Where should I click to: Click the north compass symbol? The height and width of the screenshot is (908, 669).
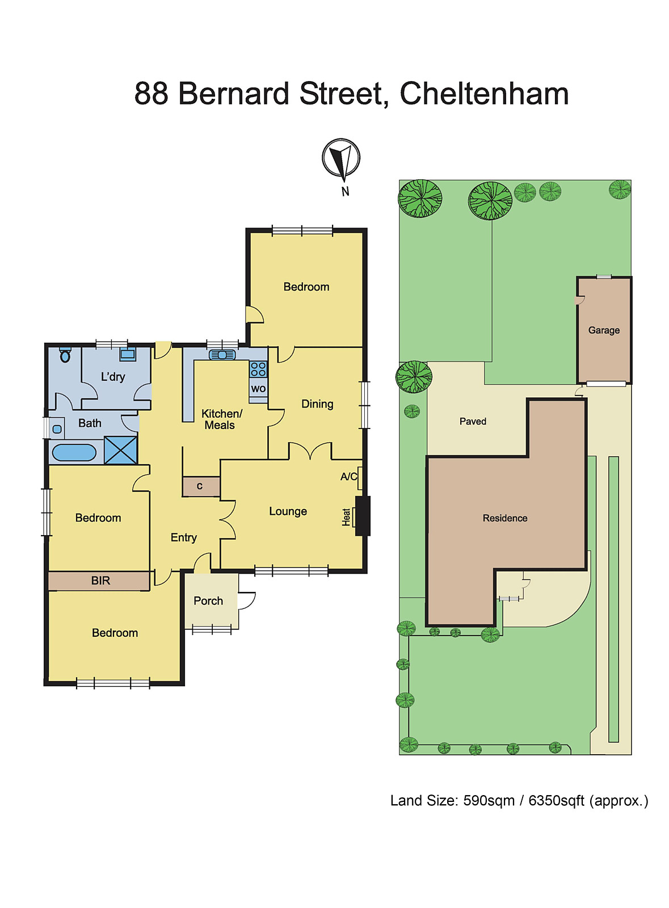point(341,159)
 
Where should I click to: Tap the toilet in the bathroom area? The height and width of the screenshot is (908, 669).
point(65,355)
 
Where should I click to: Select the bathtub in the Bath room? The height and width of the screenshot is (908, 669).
point(74,452)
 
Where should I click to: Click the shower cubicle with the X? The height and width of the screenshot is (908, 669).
point(121,450)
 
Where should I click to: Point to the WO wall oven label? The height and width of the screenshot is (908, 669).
point(258,389)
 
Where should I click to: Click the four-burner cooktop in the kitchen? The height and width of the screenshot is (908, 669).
point(258,369)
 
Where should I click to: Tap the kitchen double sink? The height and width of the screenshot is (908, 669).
point(222,355)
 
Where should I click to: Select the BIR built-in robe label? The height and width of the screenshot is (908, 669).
point(100,581)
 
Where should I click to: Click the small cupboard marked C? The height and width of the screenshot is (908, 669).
point(200,486)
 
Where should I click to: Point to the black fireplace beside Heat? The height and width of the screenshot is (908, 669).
point(363,516)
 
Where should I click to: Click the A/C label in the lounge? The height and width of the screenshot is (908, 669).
point(348,477)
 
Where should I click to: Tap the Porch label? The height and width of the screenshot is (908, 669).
point(208,601)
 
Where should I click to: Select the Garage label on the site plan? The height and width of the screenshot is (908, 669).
point(604,330)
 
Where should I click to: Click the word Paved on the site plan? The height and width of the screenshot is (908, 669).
point(473,421)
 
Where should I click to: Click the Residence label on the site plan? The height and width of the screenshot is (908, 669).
point(505,518)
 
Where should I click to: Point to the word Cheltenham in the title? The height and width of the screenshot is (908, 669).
point(484,94)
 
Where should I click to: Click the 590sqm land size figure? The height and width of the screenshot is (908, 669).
point(489,801)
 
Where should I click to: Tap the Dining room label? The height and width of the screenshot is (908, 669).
point(317,404)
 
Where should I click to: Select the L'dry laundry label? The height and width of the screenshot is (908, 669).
point(113,377)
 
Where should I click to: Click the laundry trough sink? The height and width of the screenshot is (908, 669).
point(128,355)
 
